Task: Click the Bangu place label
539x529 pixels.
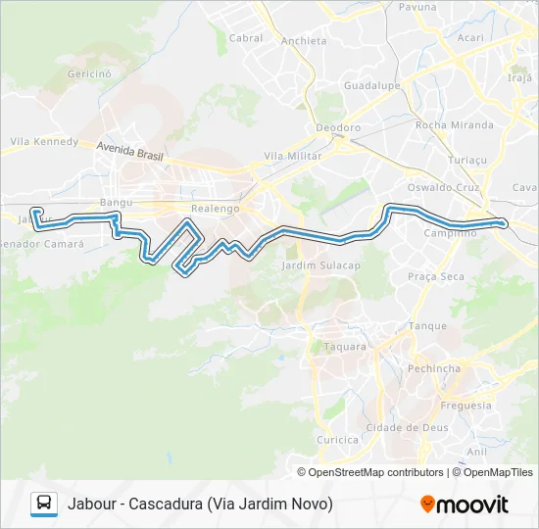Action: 116,203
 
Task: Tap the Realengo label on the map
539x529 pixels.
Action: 215,209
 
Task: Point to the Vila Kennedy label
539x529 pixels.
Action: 44,141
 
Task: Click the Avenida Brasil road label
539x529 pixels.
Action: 128,155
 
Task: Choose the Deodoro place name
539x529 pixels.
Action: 338,127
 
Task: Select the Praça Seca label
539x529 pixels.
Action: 436,277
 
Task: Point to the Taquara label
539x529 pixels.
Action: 345,346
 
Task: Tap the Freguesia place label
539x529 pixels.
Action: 466,405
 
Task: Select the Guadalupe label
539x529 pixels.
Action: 368,86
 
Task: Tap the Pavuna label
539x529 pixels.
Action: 417,7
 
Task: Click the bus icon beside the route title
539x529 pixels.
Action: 43,504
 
